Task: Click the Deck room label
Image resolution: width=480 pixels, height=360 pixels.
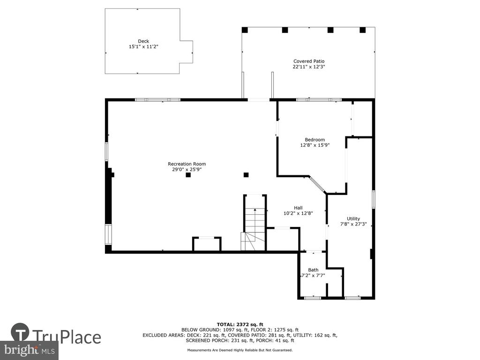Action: tap(143, 41)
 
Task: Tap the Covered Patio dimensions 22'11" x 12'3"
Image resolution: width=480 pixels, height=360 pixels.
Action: tap(309, 67)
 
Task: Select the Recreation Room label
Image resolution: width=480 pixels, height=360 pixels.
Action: tap(187, 164)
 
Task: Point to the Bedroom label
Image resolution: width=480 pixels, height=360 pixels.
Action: tap(315, 140)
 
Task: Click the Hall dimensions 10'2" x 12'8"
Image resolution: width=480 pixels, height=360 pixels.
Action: tap(298, 213)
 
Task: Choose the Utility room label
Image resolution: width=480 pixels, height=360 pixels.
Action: tap(353, 218)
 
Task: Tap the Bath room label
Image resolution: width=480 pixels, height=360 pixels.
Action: tap(313, 270)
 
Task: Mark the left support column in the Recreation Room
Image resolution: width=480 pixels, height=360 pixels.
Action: tap(188, 175)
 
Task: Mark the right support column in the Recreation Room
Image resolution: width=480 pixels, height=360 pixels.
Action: tap(246, 175)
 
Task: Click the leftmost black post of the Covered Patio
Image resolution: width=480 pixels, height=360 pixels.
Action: tap(245, 30)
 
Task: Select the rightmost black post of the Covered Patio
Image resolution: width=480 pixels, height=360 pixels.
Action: tap(363, 30)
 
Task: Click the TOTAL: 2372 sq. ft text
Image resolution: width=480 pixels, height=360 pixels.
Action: tap(240, 324)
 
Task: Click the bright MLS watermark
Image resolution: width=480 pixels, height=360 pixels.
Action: tap(30, 350)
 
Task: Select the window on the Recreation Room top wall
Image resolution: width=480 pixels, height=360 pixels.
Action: tap(157, 100)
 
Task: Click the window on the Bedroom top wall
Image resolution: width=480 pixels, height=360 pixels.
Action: tap(319, 100)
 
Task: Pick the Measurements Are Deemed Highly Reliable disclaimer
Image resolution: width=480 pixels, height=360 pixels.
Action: tap(240, 350)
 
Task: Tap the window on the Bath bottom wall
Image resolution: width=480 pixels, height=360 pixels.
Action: tap(313, 298)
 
